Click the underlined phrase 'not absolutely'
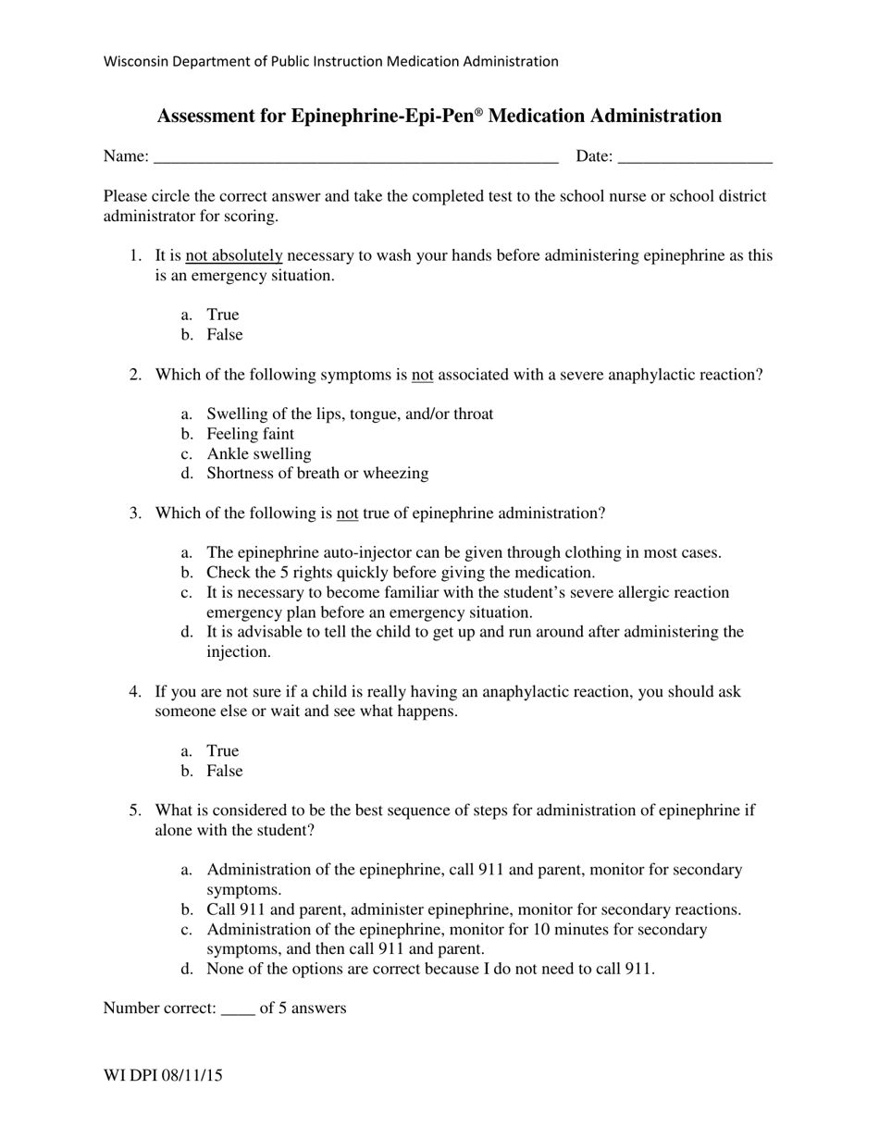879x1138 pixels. coord(233,256)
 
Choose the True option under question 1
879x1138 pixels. coord(222,315)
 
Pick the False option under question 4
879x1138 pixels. coord(224,772)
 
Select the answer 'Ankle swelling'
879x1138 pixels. coord(258,454)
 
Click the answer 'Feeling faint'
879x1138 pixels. coord(250,435)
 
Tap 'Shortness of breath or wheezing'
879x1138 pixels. coord(316,474)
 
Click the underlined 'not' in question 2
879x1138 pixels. coord(422,376)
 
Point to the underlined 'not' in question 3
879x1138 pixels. coord(347,513)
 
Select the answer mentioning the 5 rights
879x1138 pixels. coord(400,573)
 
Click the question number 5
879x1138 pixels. coord(135,811)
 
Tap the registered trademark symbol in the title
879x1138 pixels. coord(478,112)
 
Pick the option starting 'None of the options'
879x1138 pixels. coord(430,970)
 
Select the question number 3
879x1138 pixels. coord(135,513)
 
